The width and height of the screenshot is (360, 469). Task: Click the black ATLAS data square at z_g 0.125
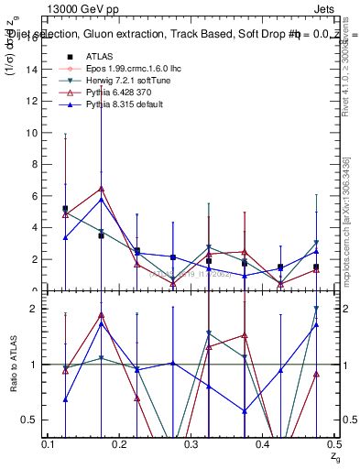click(65, 209)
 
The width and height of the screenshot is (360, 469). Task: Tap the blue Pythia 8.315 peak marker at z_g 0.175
click(101, 200)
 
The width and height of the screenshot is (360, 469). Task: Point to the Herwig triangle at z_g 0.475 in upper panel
click(316, 243)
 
